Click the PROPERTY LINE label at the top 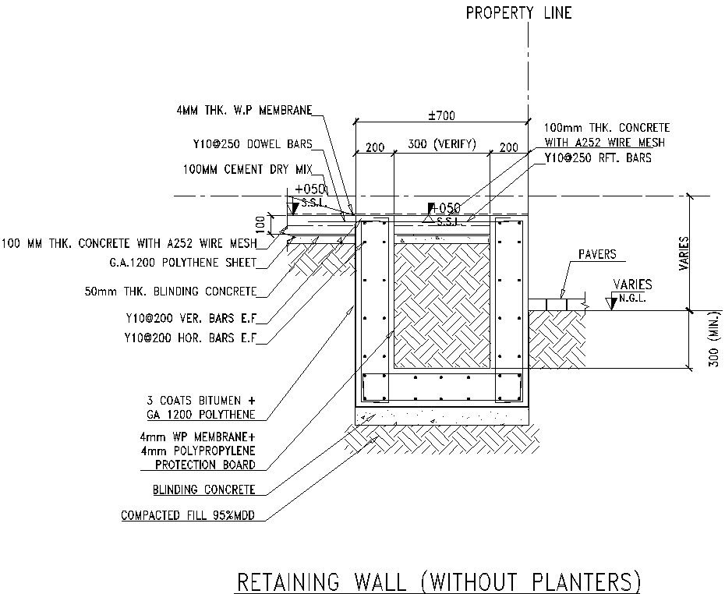(518, 12)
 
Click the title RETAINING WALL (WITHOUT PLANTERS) (438, 582)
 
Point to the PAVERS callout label (597, 254)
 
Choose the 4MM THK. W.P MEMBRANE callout (243, 111)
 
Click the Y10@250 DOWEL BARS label (252, 144)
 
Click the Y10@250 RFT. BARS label (598, 157)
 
